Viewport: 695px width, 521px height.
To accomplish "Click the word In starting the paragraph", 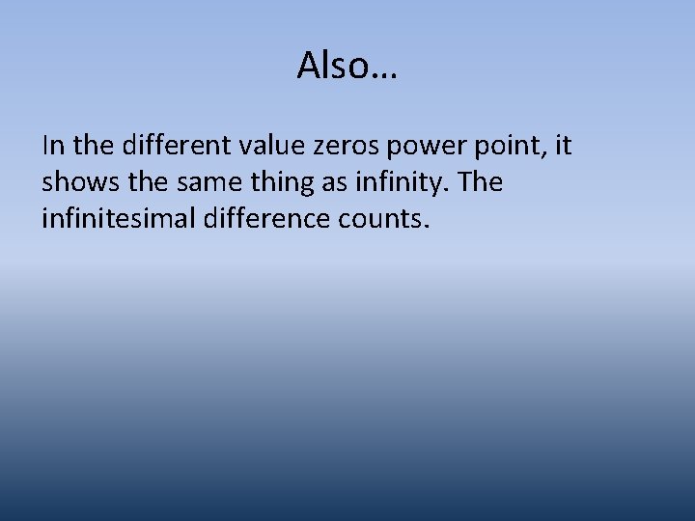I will point(52,146).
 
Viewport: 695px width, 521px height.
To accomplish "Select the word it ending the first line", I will point(563,146).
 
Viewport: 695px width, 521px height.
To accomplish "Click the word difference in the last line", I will point(254,219).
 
